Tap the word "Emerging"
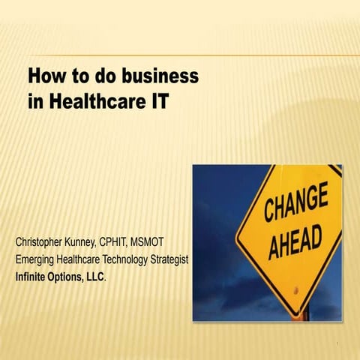coord(37,259)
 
